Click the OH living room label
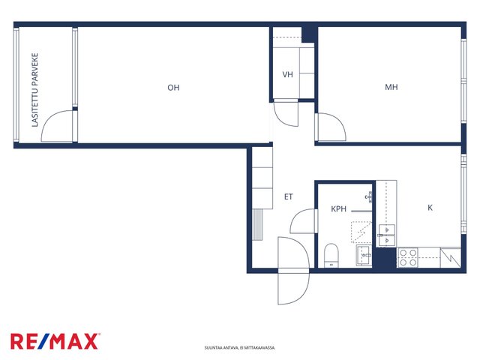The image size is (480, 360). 173,88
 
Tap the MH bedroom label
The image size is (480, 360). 391,87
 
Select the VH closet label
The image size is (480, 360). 287,74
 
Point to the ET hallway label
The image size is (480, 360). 288,196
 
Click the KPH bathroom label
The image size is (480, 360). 338,209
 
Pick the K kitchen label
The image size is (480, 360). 430,208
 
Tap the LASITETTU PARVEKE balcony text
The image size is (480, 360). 35,90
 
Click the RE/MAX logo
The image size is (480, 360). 55,341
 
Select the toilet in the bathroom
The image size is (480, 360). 331,255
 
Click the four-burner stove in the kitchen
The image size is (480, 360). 408,258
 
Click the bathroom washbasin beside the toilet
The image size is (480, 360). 364,256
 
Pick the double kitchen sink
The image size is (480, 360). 387,235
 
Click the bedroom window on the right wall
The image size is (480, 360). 463,82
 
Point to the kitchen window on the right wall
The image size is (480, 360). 463,193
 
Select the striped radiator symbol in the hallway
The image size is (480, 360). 257,225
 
